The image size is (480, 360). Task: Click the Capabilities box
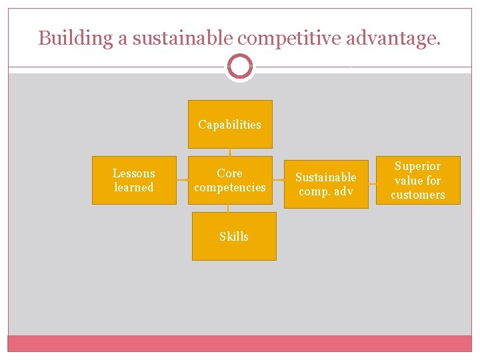(230, 124)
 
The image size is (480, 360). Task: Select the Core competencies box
(230, 180)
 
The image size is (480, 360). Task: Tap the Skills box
(234, 236)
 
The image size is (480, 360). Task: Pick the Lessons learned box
(134, 180)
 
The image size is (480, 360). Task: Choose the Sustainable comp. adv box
(326, 184)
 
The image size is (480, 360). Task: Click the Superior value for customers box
(418, 180)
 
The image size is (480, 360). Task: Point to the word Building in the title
(75, 39)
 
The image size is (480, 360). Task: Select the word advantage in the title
(394, 39)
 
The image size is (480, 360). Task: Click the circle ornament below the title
(240, 67)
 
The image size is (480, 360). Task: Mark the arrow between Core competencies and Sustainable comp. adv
(279, 180)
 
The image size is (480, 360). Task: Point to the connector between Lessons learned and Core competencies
(182, 180)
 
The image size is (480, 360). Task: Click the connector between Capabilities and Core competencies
(230, 152)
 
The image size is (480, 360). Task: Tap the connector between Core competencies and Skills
(228, 208)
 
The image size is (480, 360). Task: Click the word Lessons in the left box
(134, 173)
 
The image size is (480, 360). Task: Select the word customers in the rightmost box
(418, 195)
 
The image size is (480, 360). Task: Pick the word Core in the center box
(230, 173)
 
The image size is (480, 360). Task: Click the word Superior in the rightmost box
(418, 166)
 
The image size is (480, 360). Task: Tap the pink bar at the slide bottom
(240, 343)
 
